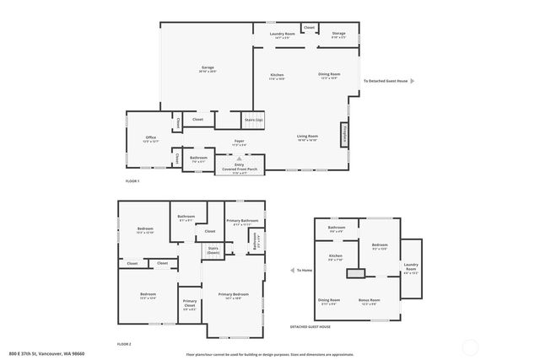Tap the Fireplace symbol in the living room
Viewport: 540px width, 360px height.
(344, 135)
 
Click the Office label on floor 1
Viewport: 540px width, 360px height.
(150, 137)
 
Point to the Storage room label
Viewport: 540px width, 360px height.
(338, 35)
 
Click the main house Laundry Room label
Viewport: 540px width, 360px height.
(280, 35)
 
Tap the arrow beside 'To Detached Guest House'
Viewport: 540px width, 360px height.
(413, 82)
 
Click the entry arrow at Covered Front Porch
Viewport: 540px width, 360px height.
(240, 158)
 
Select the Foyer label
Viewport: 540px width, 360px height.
(240, 142)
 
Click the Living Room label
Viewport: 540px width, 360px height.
(306, 137)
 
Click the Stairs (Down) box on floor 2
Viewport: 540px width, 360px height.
(213, 250)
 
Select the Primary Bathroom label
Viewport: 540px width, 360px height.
(242, 221)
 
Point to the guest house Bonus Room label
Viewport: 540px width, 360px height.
(370, 299)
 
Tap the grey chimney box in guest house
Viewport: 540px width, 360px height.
(358, 273)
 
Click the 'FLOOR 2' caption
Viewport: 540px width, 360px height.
(124, 344)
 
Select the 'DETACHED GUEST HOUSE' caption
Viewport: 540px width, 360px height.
(310, 326)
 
